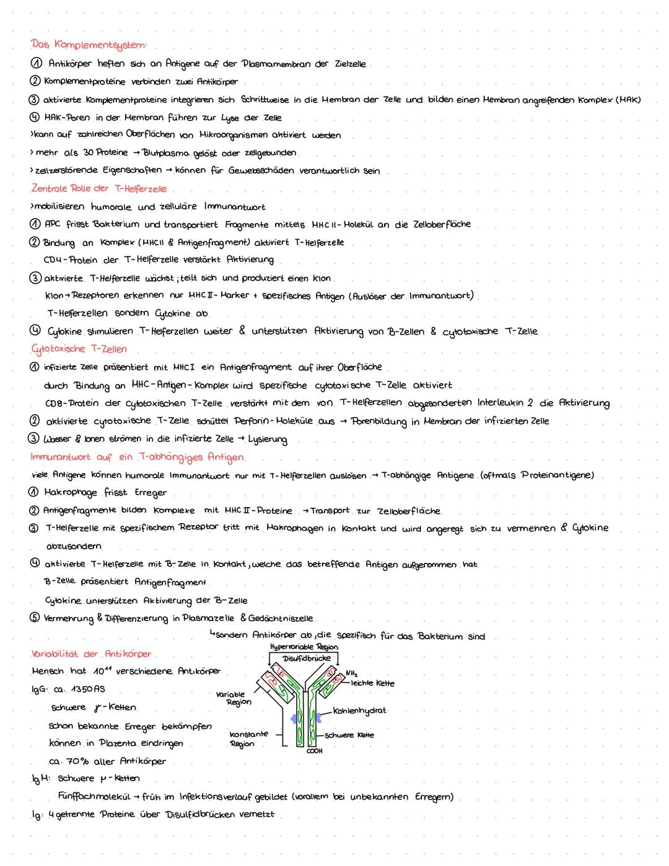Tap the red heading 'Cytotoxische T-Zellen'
(x=79, y=349)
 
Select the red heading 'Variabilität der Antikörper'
(x=91, y=654)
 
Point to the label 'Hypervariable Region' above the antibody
(x=304, y=647)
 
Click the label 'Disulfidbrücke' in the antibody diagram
(x=306, y=658)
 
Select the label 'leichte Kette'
(x=372, y=683)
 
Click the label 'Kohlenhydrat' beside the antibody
(x=359, y=710)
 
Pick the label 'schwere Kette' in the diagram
(x=349, y=735)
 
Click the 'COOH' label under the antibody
(x=314, y=751)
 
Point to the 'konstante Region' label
(x=248, y=738)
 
